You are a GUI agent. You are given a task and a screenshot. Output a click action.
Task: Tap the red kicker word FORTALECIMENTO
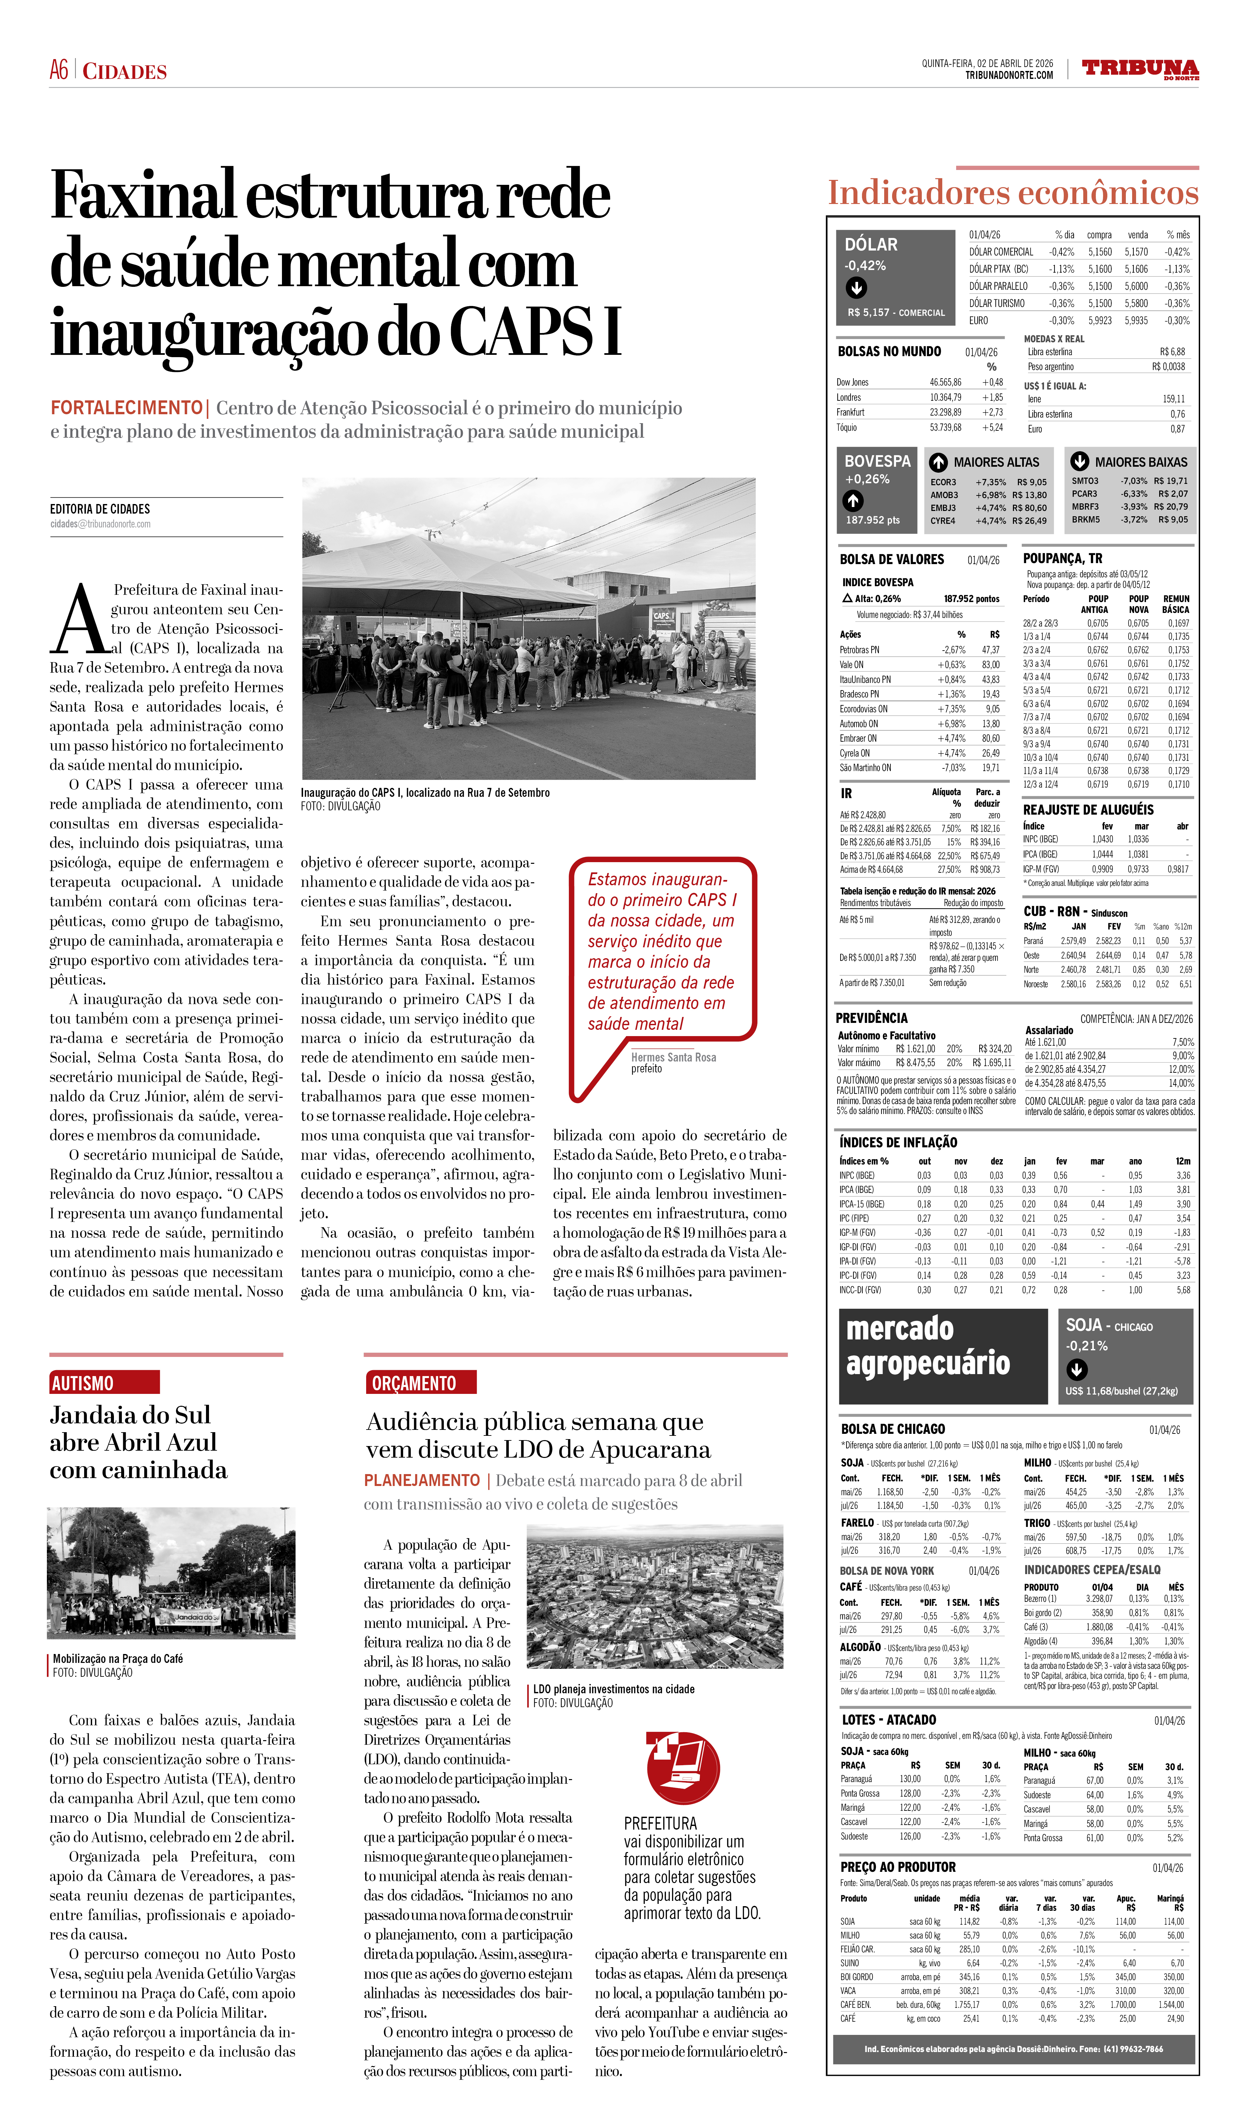pos(126,408)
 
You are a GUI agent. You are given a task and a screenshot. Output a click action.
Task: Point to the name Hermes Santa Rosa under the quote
pos(673,1058)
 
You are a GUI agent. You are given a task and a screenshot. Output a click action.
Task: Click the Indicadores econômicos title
pos(1012,193)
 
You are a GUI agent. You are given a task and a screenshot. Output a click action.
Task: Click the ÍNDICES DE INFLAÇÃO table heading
pos(898,1143)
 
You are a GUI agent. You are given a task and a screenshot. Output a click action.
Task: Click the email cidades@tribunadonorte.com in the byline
pos(99,524)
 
